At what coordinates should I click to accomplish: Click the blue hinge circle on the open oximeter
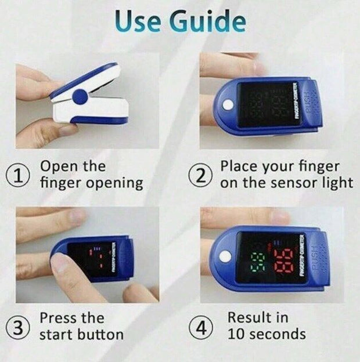[x=80, y=96]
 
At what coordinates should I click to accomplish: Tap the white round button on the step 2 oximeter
[x=227, y=106]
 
